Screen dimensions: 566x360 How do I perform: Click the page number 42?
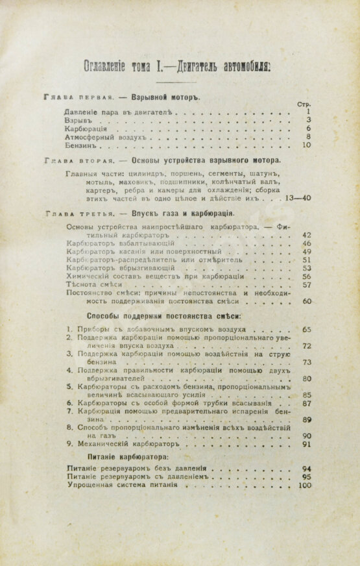point(307,234)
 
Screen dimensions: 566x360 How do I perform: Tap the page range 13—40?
point(299,198)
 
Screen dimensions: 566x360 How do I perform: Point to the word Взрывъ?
point(80,120)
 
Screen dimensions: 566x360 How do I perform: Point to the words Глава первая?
point(76,95)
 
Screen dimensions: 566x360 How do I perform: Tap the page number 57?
point(307,284)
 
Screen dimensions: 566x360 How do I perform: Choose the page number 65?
point(307,329)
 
